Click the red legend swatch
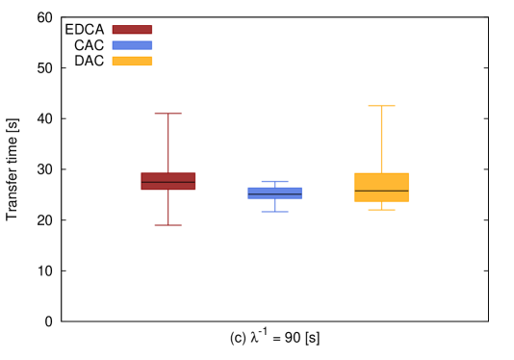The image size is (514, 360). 132,30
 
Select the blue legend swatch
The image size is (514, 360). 132,45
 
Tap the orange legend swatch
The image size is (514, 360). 132,61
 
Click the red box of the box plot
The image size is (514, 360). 168,177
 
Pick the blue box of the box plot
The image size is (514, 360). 274,190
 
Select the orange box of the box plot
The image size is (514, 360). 381,181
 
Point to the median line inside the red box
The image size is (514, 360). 168,182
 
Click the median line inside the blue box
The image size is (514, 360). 274,193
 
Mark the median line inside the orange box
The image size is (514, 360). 381,191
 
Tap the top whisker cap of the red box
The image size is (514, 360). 168,114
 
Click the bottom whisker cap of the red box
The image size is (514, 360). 168,225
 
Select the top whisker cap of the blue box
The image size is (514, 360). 274,181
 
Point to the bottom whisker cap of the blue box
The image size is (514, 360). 274,212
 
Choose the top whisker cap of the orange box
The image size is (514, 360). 381,106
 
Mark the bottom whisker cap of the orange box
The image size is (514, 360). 381,210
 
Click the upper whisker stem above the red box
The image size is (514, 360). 168,143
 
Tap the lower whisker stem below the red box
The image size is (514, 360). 168,208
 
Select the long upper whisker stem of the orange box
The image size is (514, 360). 381,140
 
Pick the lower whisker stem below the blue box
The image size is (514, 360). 274,205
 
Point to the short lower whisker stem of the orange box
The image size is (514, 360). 381,206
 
